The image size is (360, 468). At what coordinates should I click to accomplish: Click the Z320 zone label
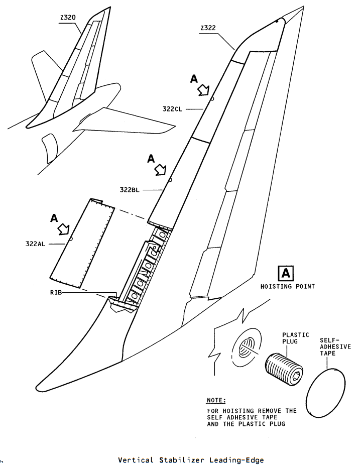(68, 17)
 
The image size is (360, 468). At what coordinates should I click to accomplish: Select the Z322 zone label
(208, 28)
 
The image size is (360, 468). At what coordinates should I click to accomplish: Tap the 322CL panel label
(172, 109)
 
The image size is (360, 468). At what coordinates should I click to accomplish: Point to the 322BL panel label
(130, 190)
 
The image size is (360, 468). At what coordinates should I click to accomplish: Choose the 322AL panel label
(35, 244)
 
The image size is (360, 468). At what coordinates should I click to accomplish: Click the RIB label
(56, 292)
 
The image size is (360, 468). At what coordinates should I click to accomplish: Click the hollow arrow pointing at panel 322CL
(204, 90)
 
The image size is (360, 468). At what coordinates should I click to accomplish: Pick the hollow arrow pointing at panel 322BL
(160, 170)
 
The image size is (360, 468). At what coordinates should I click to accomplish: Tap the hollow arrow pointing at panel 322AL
(64, 229)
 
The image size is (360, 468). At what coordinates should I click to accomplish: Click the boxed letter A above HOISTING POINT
(286, 273)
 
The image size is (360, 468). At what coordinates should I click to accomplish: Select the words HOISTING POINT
(288, 287)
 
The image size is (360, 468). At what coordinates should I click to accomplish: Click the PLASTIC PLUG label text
(296, 338)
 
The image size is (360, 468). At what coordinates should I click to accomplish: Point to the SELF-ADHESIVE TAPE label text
(335, 347)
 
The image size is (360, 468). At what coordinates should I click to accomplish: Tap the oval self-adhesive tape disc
(326, 393)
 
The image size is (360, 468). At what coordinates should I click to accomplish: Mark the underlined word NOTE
(216, 400)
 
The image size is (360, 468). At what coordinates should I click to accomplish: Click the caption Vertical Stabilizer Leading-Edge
(191, 460)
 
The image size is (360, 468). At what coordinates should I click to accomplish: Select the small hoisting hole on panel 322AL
(71, 239)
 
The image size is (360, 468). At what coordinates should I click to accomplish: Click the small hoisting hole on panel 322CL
(212, 98)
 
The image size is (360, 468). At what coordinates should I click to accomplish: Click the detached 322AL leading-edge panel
(82, 243)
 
